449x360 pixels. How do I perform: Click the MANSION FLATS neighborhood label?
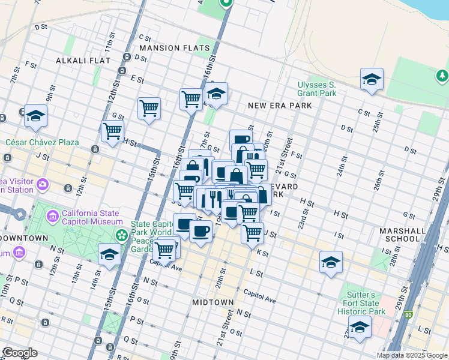coord(175,48)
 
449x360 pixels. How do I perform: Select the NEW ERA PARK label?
coord(280,106)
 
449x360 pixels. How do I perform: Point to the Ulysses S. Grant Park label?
coord(316,89)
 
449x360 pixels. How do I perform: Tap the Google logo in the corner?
coord(20,353)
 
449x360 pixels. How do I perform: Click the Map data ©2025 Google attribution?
coord(412,355)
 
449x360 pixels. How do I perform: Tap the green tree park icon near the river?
coord(441,76)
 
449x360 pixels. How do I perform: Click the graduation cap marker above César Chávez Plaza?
coord(36,115)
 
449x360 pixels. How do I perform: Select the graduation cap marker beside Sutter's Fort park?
coord(360,328)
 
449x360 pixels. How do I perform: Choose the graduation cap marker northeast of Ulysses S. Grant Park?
coord(372,79)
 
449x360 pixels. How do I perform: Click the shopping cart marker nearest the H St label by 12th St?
coord(112,131)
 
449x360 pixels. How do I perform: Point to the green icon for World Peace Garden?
coord(122,234)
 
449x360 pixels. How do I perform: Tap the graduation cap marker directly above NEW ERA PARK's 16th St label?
coord(216,94)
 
